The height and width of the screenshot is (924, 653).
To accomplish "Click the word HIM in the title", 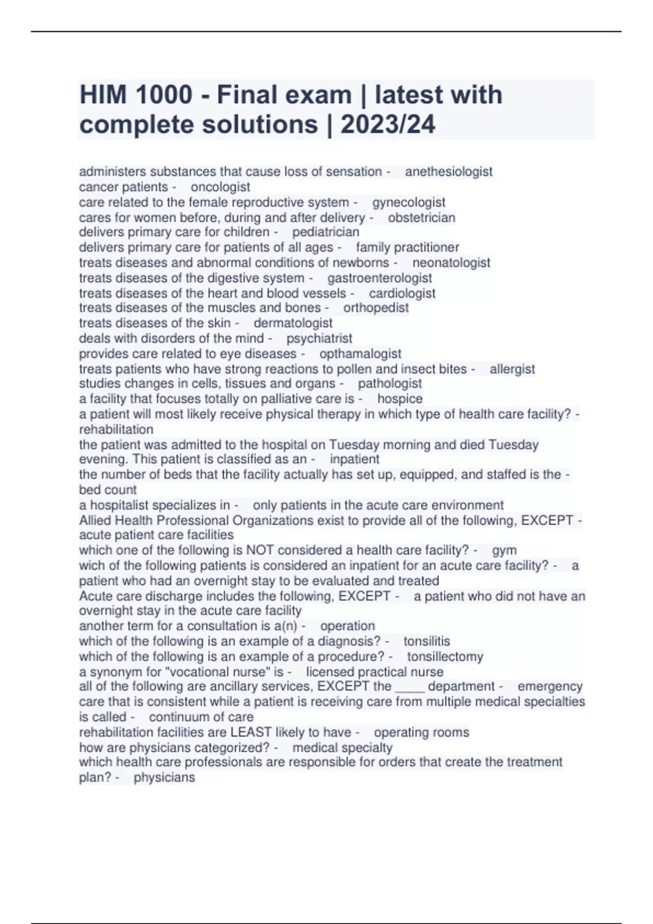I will [x=103, y=95].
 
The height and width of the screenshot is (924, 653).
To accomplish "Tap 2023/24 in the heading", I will [x=387, y=124].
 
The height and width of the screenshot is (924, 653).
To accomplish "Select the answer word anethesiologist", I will [x=448, y=172].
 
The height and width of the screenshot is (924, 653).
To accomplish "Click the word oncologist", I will [x=220, y=187].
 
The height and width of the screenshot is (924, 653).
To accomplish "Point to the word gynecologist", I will [x=409, y=202].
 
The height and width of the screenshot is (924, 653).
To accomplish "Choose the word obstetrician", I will [x=422, y=217].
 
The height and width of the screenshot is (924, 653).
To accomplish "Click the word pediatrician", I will [x=326, y=232].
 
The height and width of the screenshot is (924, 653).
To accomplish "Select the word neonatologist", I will [x=451, y=263].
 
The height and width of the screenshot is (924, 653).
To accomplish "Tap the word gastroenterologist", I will [x=380, y=278].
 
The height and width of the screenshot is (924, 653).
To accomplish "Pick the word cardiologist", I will [x=402, y=293].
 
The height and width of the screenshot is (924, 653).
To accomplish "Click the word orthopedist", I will [x=376, y=308].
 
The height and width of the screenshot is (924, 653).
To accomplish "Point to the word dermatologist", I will [x=293, y=323].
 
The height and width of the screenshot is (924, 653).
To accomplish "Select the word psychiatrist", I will [x=319, y=338].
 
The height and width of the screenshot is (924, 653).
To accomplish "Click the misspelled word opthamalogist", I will [x=360, y=353].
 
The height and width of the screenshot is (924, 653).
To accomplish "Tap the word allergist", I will [x=512, y=369].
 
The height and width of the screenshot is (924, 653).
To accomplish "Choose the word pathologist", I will [x=390, y=383].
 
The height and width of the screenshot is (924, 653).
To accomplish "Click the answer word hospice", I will [x=400, y=398].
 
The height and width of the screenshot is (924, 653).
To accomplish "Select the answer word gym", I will [x=504, y=550].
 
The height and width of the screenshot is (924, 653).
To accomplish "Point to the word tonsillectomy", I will [x=445, y=657].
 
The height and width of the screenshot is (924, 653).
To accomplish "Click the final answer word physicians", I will [x=164, y=777].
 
